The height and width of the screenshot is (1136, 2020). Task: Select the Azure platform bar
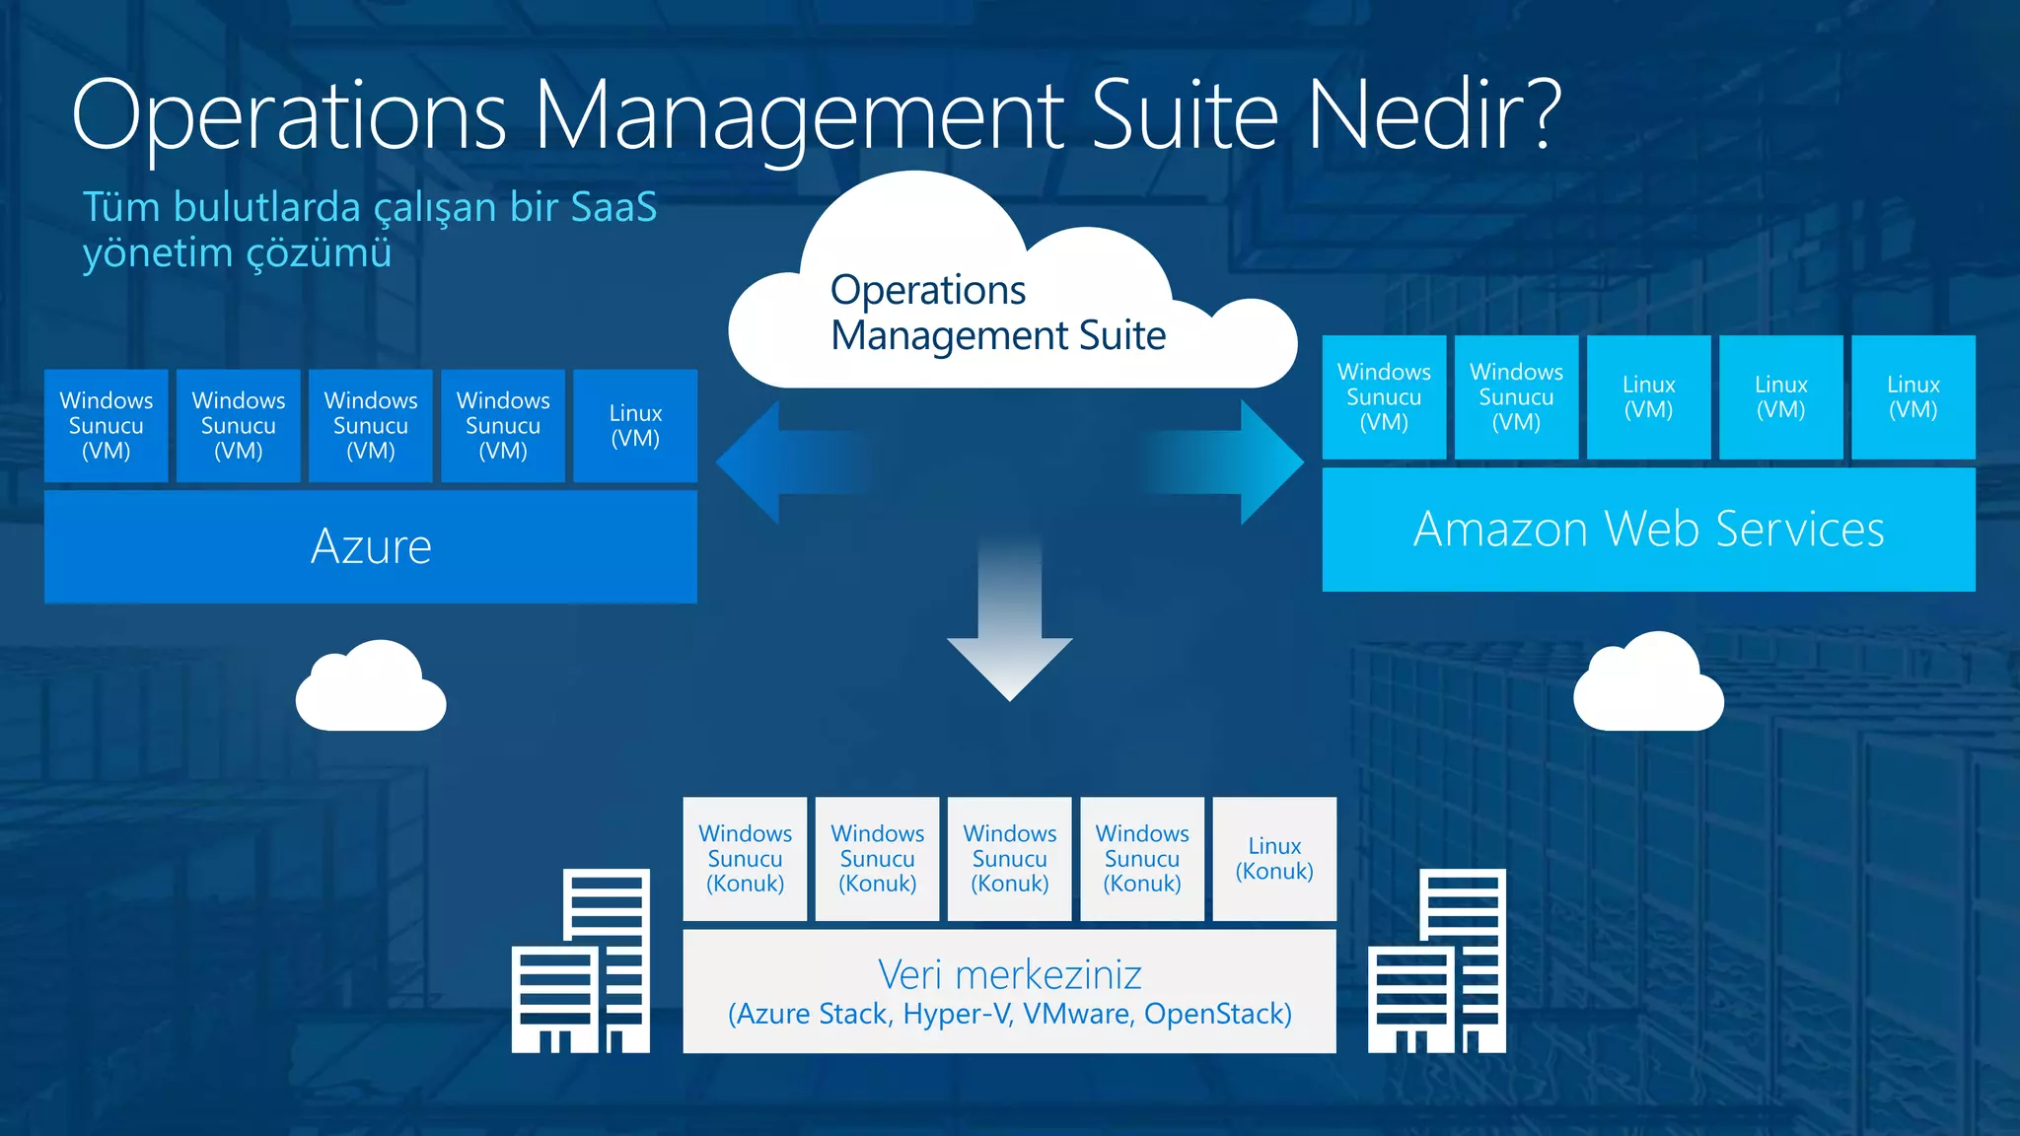[x=371, y=546]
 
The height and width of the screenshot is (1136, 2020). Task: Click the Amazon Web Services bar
[x=1648, y=530]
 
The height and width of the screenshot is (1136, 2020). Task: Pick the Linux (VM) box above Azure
[x=635, y=426]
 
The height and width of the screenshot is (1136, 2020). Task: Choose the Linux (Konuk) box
[x=1274, y=859]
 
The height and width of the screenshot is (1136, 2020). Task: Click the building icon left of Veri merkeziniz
[x=581, y=960]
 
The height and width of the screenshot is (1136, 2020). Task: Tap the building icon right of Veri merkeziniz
[x=1437, y=960]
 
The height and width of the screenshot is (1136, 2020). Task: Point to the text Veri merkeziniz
[x=1010, y=974]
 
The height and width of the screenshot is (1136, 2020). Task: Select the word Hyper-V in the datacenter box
[x=957, y=1014]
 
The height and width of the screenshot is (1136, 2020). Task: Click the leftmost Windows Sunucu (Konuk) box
[x=745, y=859]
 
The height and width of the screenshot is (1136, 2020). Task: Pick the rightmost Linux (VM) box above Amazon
[x=1912, y=397]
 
